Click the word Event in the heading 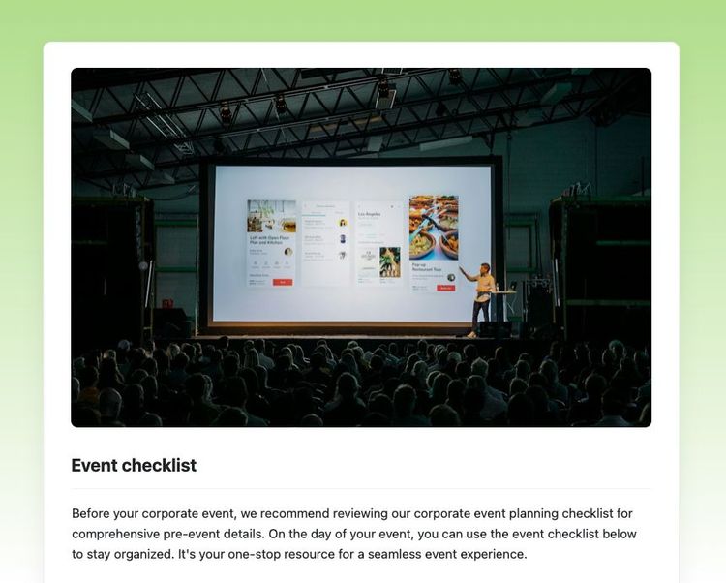coord(94,466)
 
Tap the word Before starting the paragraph coord(94,513)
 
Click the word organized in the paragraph coord(142,554)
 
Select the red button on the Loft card coord(282,282)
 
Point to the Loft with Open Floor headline coord(269,240)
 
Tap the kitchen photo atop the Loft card coord(271,215)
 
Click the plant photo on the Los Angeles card coord(390,261)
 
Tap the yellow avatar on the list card coord(343,222)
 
